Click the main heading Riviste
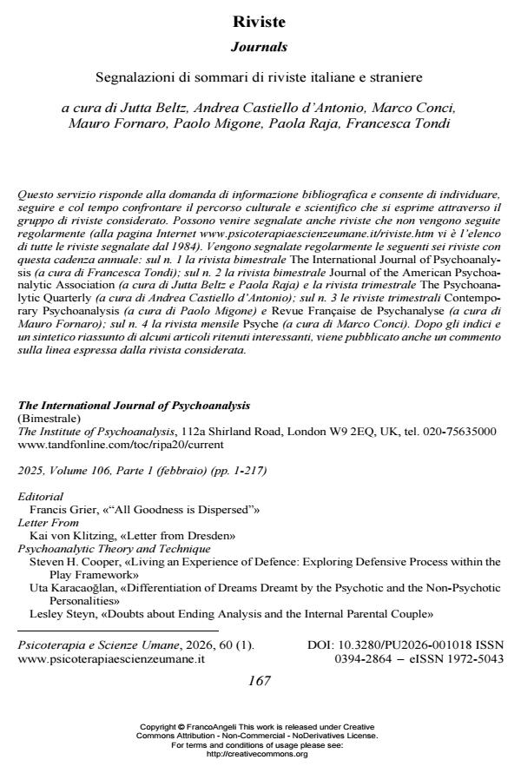(x=260, y=21)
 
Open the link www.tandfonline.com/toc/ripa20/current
(x=121, y=443)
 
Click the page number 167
(x=260, y=681)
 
